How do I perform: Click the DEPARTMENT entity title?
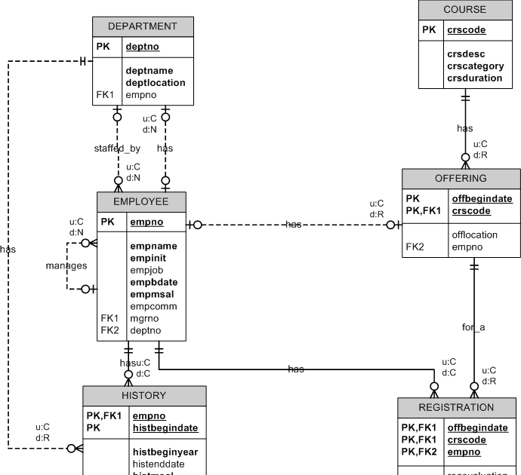click(143, 26)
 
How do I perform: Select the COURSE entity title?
click(464, 10)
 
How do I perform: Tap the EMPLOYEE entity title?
click(141, 202)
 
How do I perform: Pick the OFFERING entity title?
click(461, 179)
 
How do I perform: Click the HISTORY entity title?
click(143, 395)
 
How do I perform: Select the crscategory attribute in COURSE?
click(476, 66)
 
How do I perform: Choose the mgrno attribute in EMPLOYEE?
click(143, 318)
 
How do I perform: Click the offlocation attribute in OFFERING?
click(475, 234)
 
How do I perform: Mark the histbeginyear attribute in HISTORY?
click(165, 452)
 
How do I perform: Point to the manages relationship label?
click(66, 265)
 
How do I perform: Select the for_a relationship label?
click(473, 327)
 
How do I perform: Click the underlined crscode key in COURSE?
click(466, 30)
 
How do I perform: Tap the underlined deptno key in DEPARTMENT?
click(142, 47)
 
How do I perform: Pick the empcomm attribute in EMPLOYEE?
click(153, 306)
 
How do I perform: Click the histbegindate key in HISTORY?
click(165, 427)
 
